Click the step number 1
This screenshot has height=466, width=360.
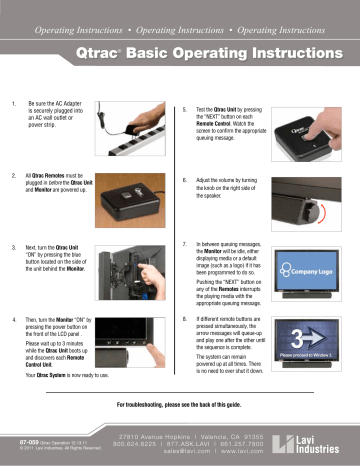[12, 102]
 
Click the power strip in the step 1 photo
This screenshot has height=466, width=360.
[129, 129]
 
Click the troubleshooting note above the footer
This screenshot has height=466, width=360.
[179, 405]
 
